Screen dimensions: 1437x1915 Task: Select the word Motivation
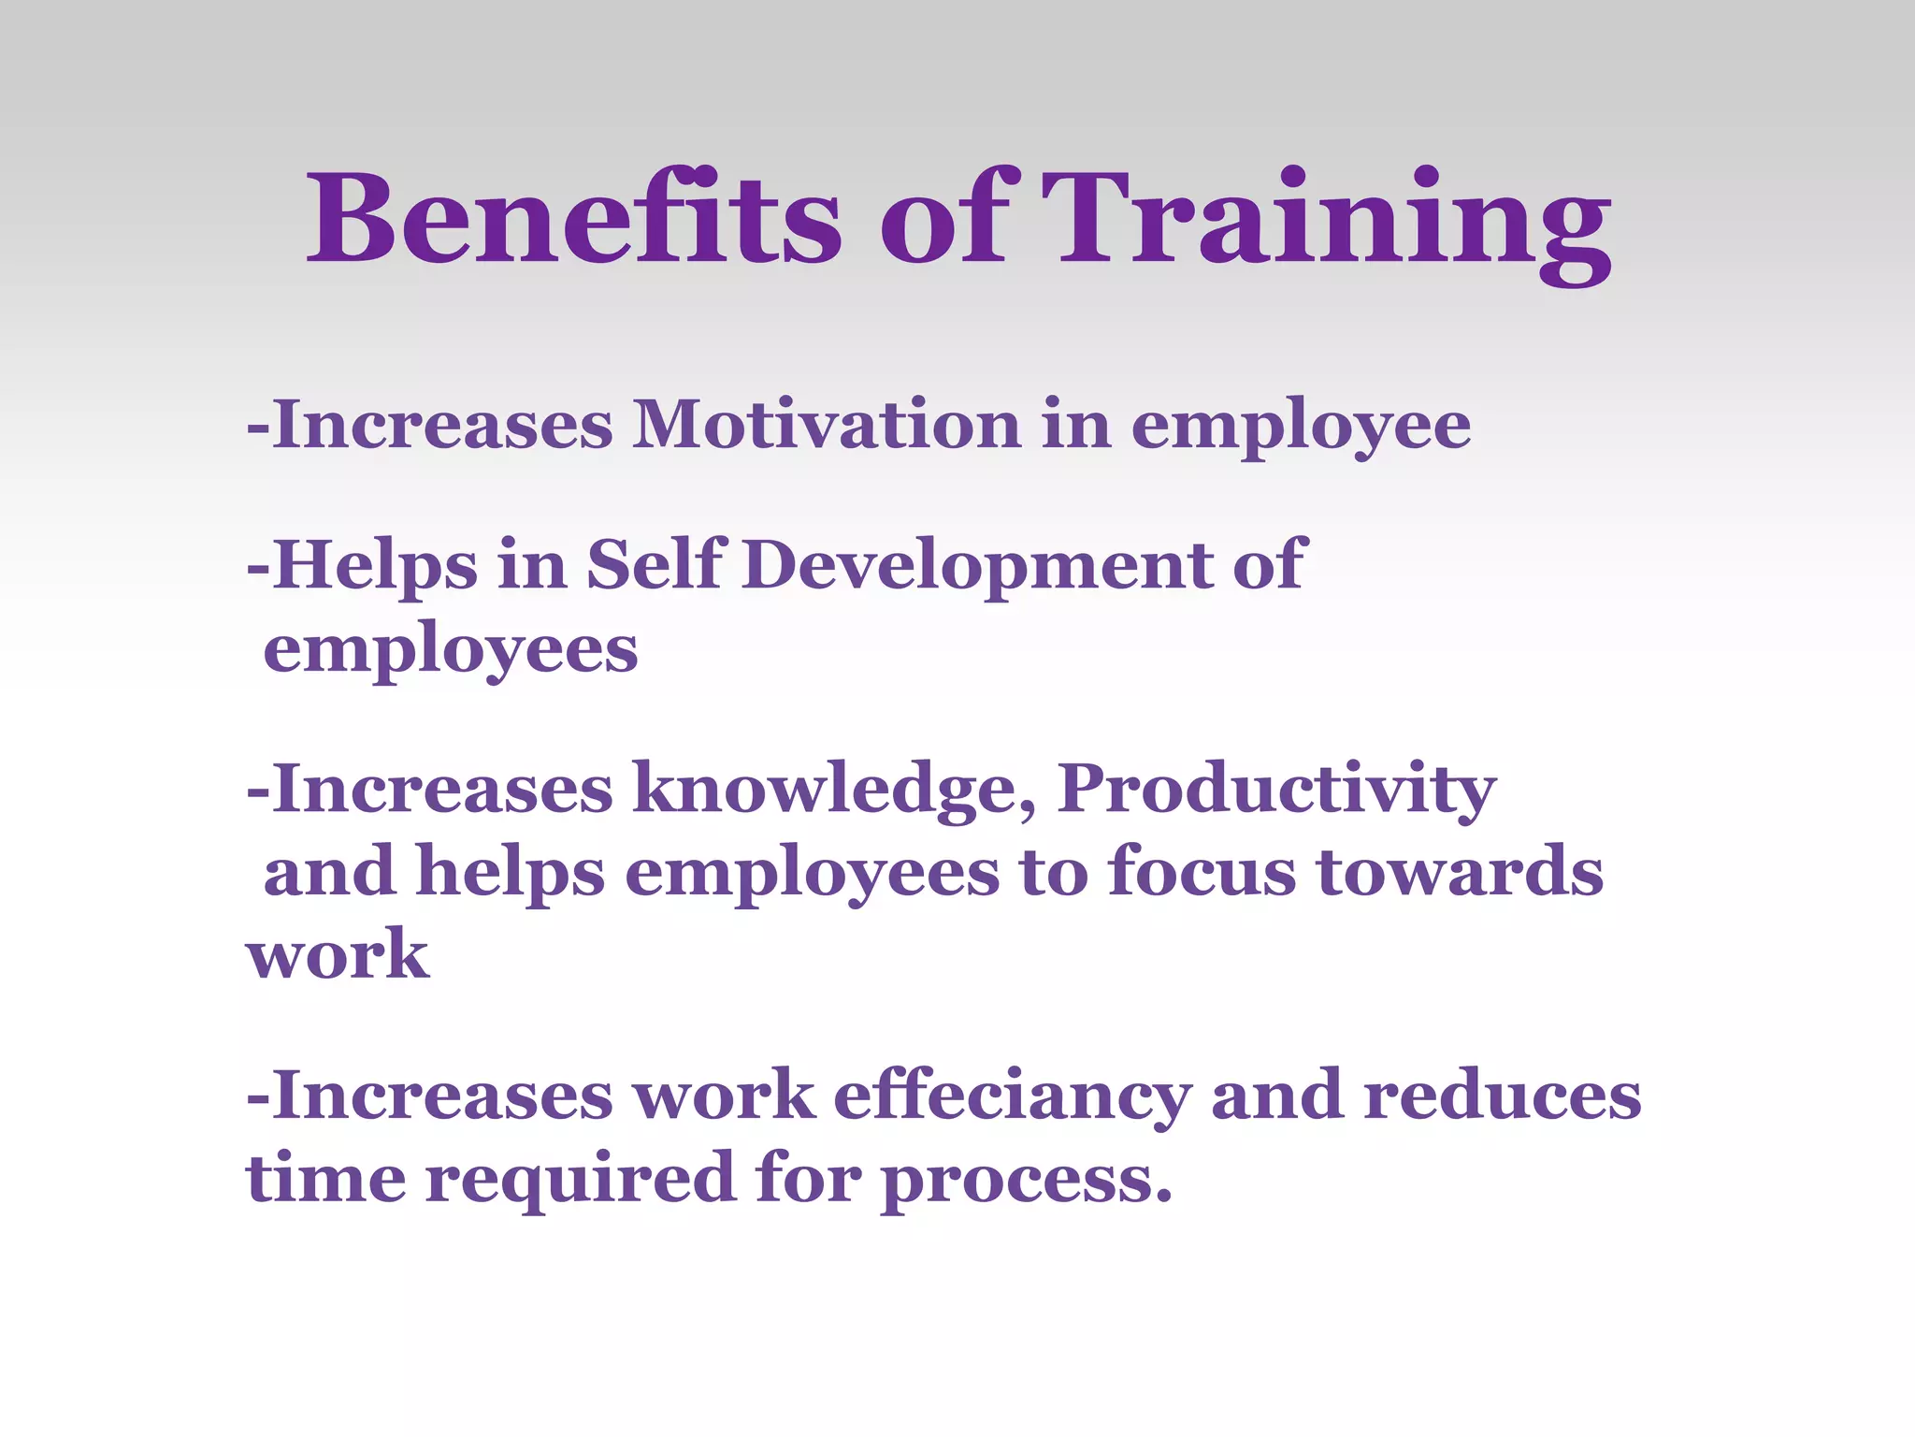click(827, 426)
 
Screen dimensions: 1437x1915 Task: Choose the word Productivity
click(1276, 791)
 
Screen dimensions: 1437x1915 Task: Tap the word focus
click(1201, 871)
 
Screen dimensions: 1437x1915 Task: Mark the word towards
click(1460, 871)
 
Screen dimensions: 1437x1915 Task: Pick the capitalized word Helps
click(375, 566)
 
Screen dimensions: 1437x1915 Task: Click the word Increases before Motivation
click(443, 426)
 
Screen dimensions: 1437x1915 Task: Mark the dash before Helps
click(257, 567)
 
